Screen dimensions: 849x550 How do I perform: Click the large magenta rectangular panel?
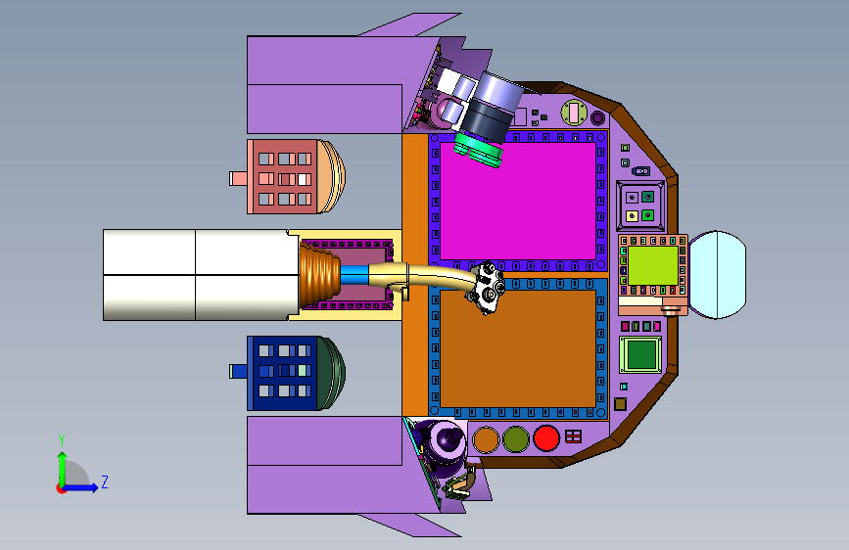click(x=518, y=202)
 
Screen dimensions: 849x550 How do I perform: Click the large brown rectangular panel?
click(x=518, y=348)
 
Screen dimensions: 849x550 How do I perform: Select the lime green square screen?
click(x=653, y=265)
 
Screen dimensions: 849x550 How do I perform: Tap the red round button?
click(x=545, y=438)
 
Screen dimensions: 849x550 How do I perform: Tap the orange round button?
click(x=486, y=439)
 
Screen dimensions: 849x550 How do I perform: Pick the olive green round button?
click(x=515, y=439)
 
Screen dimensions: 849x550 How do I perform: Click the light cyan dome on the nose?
click(x=718, y=274)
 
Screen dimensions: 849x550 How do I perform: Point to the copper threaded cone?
click(x=319, y=274)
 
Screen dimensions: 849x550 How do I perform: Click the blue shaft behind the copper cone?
click(x=354, y=274)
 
